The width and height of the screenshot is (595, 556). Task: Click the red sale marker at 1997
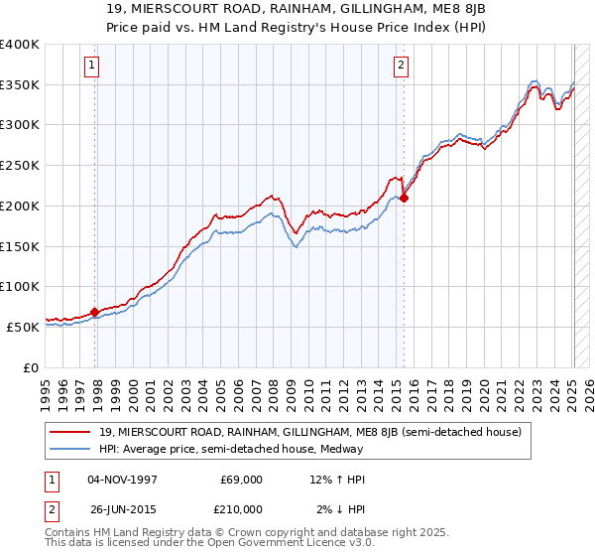tap(95, 312)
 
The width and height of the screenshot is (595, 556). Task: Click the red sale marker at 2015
tap(405, 198)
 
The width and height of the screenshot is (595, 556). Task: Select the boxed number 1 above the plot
tap(91, 67)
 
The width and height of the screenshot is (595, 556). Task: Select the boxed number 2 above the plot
tap(401, 67)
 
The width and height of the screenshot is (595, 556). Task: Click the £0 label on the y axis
tap(32, 366)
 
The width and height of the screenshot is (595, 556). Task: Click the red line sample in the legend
tap(71, 432)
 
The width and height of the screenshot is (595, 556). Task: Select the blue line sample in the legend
tap(71, 449)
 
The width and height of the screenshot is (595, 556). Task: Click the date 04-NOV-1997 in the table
tap(123, 480)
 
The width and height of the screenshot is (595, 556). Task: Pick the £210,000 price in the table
tap(242, 509)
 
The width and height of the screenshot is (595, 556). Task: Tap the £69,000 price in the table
tap(242, 480)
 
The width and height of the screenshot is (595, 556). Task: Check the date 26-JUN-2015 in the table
tap(123, 509)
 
